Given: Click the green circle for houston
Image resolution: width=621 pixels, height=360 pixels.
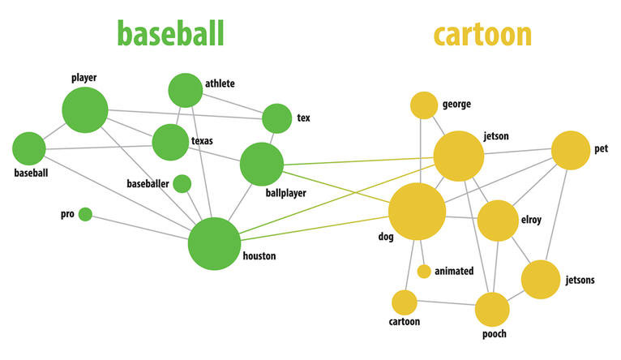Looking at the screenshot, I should pos(215,244).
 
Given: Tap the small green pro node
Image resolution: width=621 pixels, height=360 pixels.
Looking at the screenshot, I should pos(85,214).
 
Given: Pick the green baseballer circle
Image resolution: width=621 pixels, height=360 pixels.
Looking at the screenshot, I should pos(182,184).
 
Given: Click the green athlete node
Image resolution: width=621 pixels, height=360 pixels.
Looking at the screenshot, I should pos(186,90).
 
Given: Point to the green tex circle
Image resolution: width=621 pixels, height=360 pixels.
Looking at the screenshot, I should pos(277,118).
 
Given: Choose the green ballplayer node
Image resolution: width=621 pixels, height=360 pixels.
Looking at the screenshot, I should pos(262,164).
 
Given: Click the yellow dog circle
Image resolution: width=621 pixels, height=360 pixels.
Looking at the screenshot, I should pos(418,212).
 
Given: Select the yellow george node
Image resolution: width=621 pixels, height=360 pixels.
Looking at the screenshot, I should pos(423,105).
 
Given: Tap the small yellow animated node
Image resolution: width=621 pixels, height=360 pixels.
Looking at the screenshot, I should pos(423,271).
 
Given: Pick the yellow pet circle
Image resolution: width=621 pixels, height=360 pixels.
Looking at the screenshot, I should pos(571,151).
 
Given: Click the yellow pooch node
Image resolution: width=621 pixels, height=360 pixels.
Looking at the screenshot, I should pos(492,310).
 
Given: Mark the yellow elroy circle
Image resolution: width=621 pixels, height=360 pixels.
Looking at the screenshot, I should pos(497,221).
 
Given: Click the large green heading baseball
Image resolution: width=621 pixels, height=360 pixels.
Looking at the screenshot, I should pos(170,34).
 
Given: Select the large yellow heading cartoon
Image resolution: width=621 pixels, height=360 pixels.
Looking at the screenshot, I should pos(482,35).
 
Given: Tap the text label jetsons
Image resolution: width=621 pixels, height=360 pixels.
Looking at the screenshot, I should pos(580,281).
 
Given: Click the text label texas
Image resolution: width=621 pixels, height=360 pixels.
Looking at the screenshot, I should pos(202,141).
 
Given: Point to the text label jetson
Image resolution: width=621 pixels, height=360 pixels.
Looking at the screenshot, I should pos(496,136).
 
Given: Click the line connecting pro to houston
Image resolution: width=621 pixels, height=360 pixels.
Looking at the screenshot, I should pos(138,227).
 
